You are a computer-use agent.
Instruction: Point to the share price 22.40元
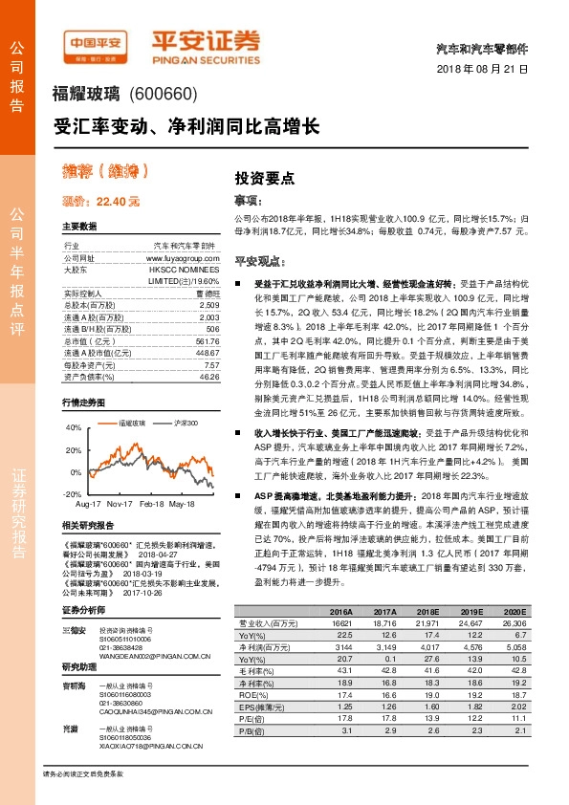click(x=100, y=202)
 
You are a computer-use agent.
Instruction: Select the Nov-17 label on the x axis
click(x=120, y=502)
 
